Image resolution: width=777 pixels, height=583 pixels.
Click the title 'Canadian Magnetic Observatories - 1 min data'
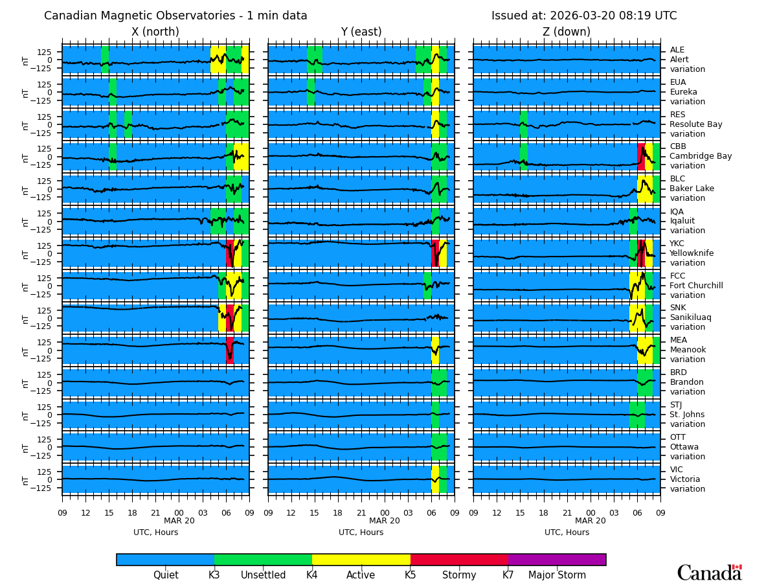coord(175,16)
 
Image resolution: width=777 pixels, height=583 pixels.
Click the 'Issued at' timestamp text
coord(583,16)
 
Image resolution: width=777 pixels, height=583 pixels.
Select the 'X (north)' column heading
coord(155,32)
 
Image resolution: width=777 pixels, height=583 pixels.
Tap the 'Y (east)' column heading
coord(361,32)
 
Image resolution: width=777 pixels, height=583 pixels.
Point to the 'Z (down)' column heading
coord(567,32)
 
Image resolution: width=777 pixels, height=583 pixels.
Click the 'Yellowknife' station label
coord(692,253)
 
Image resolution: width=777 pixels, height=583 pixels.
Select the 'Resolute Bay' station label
coord(695,124)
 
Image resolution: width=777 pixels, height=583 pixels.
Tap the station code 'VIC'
coord(677,470)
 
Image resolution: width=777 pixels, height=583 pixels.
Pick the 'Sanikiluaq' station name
coord(690,317)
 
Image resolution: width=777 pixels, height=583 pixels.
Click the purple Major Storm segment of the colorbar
coord(557,560)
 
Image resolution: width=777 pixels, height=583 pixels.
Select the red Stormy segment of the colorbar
coord(459,560)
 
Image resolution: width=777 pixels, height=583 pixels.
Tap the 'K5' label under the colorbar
coord(411,575)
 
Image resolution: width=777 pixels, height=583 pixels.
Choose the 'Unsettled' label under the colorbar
coord(263,575)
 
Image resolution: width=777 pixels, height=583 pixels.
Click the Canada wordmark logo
coord(709,573)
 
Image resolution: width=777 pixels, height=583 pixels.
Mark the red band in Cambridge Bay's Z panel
coord(641,157)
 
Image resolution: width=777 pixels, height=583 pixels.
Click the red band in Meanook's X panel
coord(230,350)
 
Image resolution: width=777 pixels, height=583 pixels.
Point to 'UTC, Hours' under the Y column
coord(361,532)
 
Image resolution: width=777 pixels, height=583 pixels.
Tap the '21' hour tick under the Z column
coord(567,512)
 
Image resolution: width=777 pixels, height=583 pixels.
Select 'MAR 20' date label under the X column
coord(179,521)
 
